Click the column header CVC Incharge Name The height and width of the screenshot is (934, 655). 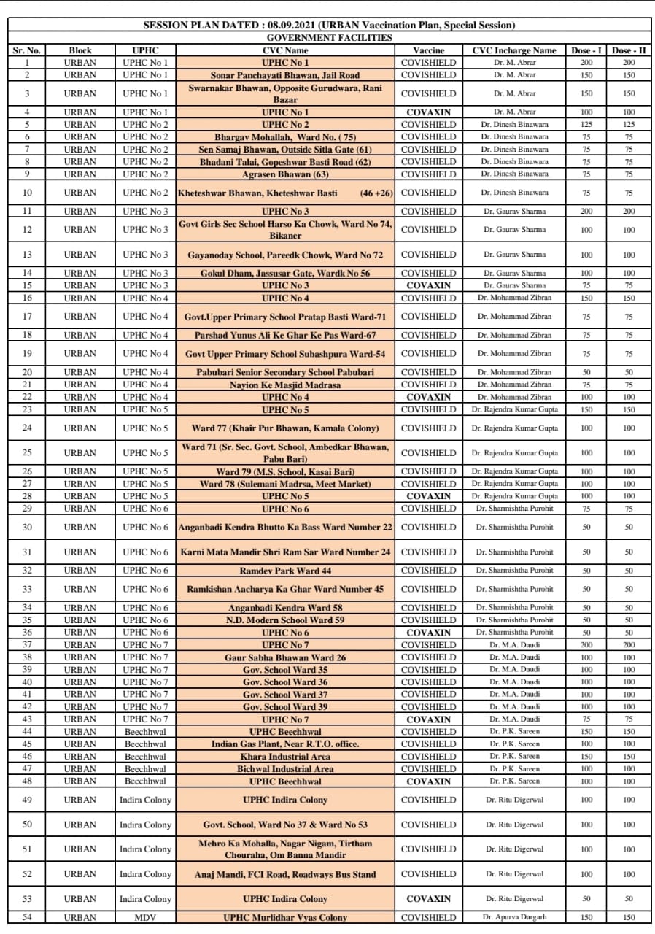pos(514,50)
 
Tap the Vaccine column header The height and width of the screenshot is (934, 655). pos(428,50)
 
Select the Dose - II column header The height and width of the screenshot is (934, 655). pos(629,50)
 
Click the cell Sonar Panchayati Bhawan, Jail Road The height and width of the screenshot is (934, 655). pos(284,75)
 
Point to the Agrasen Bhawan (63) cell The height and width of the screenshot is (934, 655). pos(284,174)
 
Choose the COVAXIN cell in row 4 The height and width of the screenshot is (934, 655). pos(428,112)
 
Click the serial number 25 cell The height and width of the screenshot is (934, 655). pos(27,453)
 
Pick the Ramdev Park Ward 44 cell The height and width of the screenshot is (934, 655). pos(284,571)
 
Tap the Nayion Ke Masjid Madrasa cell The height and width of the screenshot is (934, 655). pos(284,385)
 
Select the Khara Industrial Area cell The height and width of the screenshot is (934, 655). pos(284,757)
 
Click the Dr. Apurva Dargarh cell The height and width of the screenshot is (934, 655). pos(514,917)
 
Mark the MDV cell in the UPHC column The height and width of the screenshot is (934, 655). pos(145,917)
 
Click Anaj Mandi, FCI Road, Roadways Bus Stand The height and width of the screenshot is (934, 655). pos(284,874)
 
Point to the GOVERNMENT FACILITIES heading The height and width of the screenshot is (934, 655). pos(329,38)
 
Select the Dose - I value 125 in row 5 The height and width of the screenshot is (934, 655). pos(586,125)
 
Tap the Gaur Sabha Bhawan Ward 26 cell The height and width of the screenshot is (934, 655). pos(284,657)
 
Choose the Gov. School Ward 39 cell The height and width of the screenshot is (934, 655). pos(284,707)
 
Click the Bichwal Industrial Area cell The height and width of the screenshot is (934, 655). pos(284,769)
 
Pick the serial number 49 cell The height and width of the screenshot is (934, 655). pos(27,800)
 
